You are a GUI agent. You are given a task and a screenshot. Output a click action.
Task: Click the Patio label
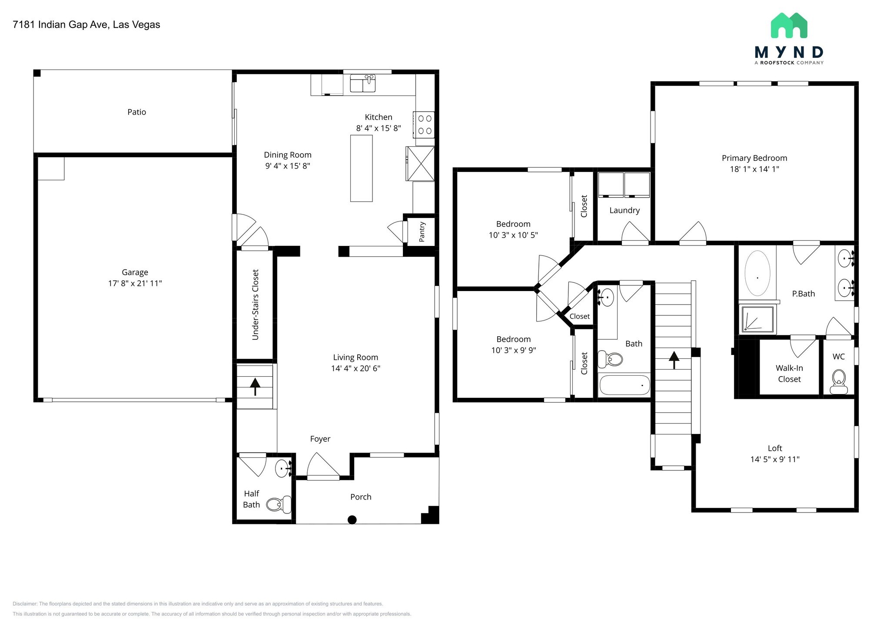[x=136, y=112]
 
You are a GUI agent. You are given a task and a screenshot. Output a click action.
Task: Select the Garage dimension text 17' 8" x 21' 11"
[x=135, y=283]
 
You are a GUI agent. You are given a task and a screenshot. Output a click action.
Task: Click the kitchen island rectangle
[x=361, y=168]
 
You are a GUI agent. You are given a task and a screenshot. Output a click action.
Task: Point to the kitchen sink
[x=362, y=83]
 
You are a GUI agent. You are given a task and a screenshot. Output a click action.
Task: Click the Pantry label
[x=422, y=232]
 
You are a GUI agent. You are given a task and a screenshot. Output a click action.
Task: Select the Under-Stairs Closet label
[x=256, y=305]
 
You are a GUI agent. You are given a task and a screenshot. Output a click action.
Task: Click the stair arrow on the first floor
[x=255, y=386]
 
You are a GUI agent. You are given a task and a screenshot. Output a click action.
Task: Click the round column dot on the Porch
[x=352, y=520]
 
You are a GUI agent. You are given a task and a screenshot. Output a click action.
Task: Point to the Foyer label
[x=320, y=439]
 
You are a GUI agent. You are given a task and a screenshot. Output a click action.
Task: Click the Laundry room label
[x=624, y=210]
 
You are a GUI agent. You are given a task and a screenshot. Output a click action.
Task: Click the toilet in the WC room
[x=838, y=381]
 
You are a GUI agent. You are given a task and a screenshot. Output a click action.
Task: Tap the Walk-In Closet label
[x=789, y=374]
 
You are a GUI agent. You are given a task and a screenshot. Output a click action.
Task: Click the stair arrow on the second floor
[x=674, y=360]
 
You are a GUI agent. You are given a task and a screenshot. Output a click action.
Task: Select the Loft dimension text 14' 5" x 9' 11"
[x=775, y=459]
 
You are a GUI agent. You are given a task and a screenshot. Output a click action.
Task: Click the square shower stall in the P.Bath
[x=757, y=319]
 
